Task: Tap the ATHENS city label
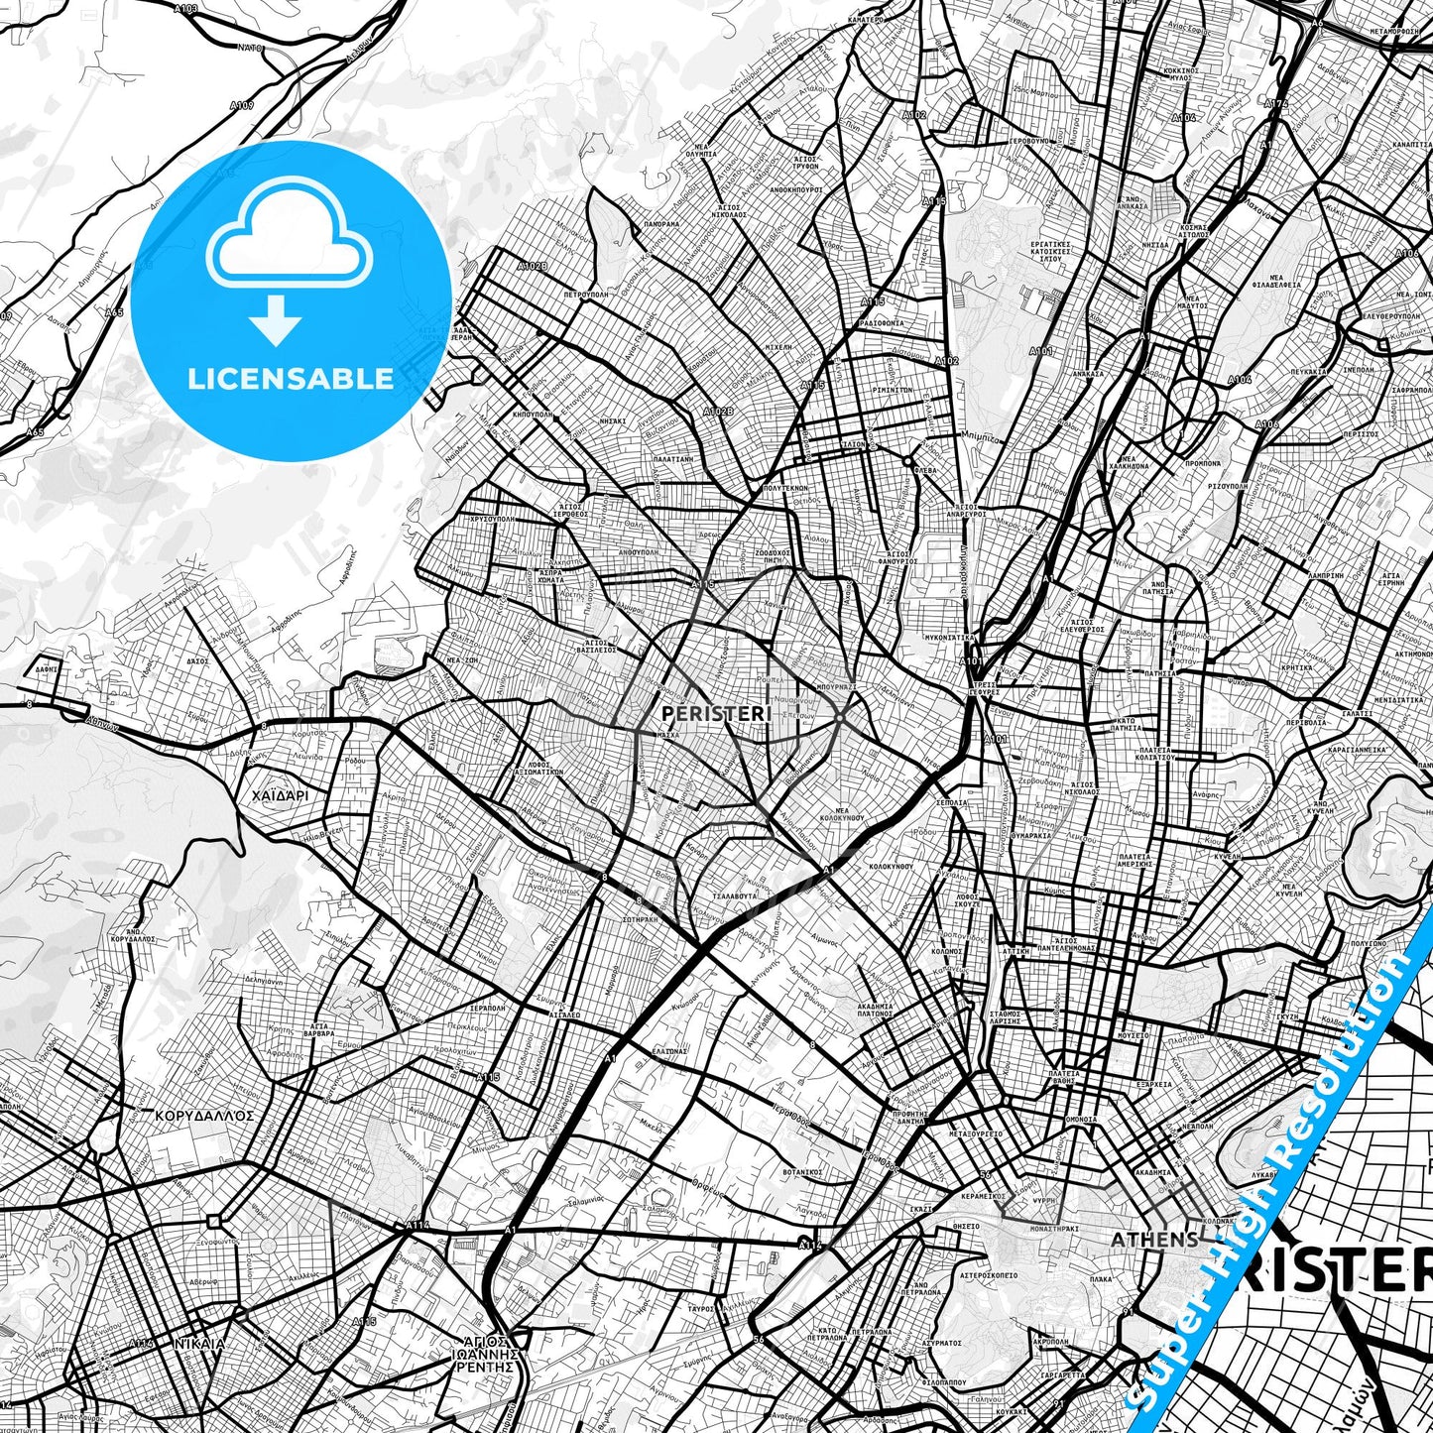1153,1240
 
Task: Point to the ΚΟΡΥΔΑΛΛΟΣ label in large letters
204,1115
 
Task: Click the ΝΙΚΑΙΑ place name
198,1344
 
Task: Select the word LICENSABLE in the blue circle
291,378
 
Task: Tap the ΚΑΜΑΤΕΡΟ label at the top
866,19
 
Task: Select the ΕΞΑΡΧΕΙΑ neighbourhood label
1154,1084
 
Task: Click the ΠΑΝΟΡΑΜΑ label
660,225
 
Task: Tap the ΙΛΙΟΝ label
853,445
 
